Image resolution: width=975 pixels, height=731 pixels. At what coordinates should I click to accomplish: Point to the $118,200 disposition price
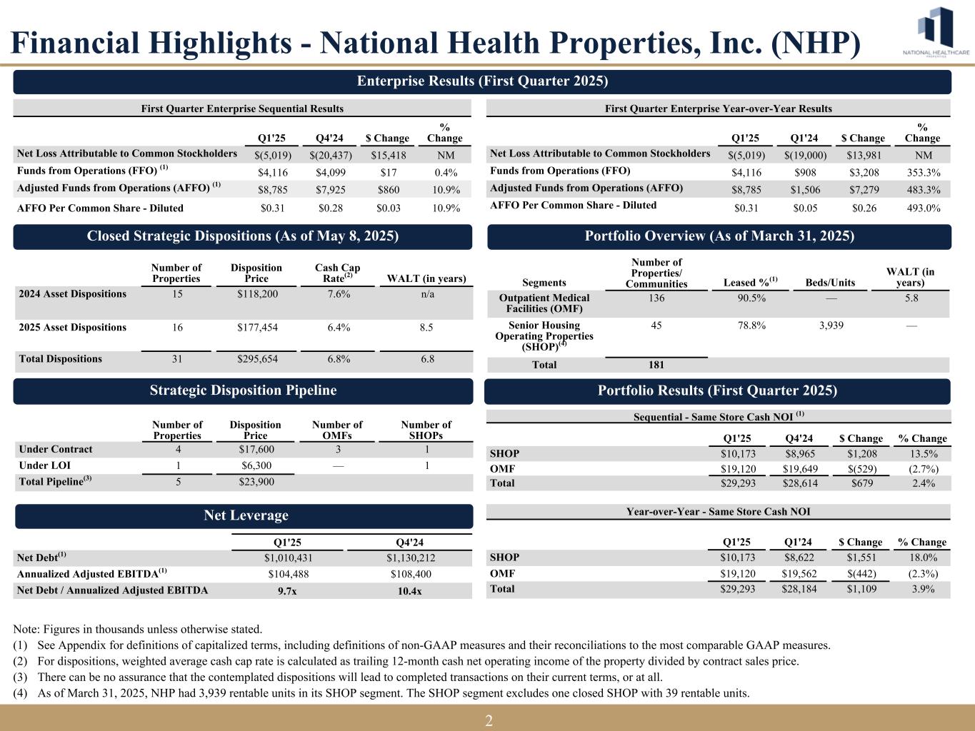(256, 294)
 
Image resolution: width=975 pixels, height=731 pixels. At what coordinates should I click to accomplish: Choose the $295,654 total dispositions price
(256, 359)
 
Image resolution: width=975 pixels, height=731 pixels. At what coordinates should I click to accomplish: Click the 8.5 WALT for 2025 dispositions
(426, 328)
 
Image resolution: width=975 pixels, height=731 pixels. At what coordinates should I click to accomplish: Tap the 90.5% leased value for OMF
(751, 298)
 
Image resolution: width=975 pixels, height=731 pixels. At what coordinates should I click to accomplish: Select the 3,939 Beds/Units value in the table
(829, 326)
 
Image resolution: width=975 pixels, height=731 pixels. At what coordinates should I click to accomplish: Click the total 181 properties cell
(656, 365)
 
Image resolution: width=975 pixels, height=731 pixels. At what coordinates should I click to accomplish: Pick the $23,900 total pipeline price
(256, 482)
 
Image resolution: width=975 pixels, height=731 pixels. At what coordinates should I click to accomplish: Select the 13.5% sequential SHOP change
(922, 454)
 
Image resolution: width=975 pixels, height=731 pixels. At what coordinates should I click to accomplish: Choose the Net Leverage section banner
(244, 515)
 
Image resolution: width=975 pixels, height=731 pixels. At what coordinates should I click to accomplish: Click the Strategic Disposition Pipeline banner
(243, 390)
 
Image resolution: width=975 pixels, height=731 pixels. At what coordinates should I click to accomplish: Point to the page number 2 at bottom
(488, 721)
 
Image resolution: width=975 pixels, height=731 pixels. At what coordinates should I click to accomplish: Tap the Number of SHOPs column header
(426, 430)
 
